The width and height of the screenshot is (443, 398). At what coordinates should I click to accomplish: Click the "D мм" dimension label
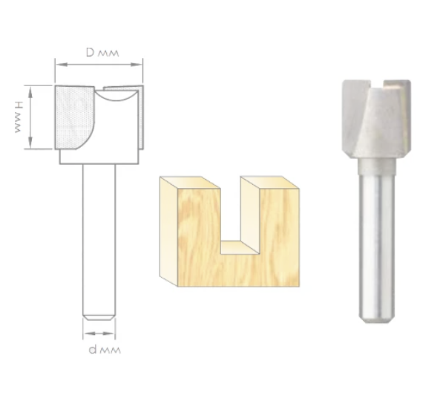click(x=102, y=53)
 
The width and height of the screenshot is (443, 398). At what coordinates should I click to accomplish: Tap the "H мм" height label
click(x=18, y=117)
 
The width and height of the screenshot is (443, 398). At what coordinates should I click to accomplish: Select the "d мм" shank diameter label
click(x=105, y=350)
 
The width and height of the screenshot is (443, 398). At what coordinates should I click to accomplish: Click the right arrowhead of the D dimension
click(x=137, y=65)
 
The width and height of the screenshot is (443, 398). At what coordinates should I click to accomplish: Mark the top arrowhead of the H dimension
click(x=30, y=91)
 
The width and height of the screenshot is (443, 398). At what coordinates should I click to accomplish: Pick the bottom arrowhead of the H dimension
click(x=30, y=143)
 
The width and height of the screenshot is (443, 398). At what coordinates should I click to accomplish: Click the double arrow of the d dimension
click(x=99, y=333)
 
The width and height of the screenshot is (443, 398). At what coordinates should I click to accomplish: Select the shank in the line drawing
click(x=99, y=240)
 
